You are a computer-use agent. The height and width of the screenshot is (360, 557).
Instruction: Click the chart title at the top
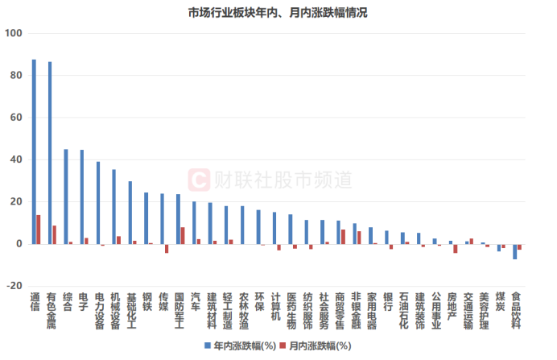(x=278, y=13)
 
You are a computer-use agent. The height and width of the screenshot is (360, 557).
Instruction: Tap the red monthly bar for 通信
(x=39, y=230)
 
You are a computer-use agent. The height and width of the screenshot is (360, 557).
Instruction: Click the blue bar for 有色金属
(x=50, y=153)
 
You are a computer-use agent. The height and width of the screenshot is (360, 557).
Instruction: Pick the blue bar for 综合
(x=66, y=197)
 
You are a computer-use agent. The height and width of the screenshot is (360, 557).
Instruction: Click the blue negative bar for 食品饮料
(x=515, y=251)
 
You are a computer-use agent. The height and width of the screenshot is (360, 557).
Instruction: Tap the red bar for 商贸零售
(x=344, y=237)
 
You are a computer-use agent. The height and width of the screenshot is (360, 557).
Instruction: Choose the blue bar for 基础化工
(x=130, y=213)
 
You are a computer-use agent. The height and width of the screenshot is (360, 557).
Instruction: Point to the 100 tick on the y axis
(x=14, y=34)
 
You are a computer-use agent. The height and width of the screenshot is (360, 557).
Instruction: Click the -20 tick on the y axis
(x=14, y=286)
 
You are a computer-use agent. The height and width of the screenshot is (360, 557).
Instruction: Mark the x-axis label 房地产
(x=453, y=310)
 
